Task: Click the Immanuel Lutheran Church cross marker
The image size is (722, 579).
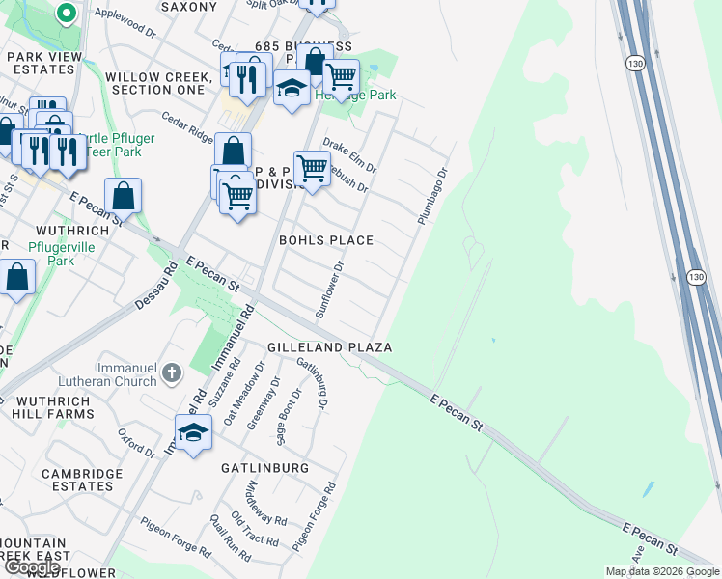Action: [x=172, y=372]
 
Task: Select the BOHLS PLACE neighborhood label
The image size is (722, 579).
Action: [x=325, y=239]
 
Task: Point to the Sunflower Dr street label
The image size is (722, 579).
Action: [x=330, y=289]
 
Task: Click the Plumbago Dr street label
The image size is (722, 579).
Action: [x=433, y=198]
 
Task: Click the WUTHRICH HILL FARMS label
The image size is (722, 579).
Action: [x=53, y=404]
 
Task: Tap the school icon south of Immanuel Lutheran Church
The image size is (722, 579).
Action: [x=193, y=431]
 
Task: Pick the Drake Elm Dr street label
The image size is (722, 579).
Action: [x=348, y=153]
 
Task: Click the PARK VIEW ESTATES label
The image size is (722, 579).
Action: [x=44, y=64]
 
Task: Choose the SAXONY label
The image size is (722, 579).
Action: [x=189, y=6]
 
